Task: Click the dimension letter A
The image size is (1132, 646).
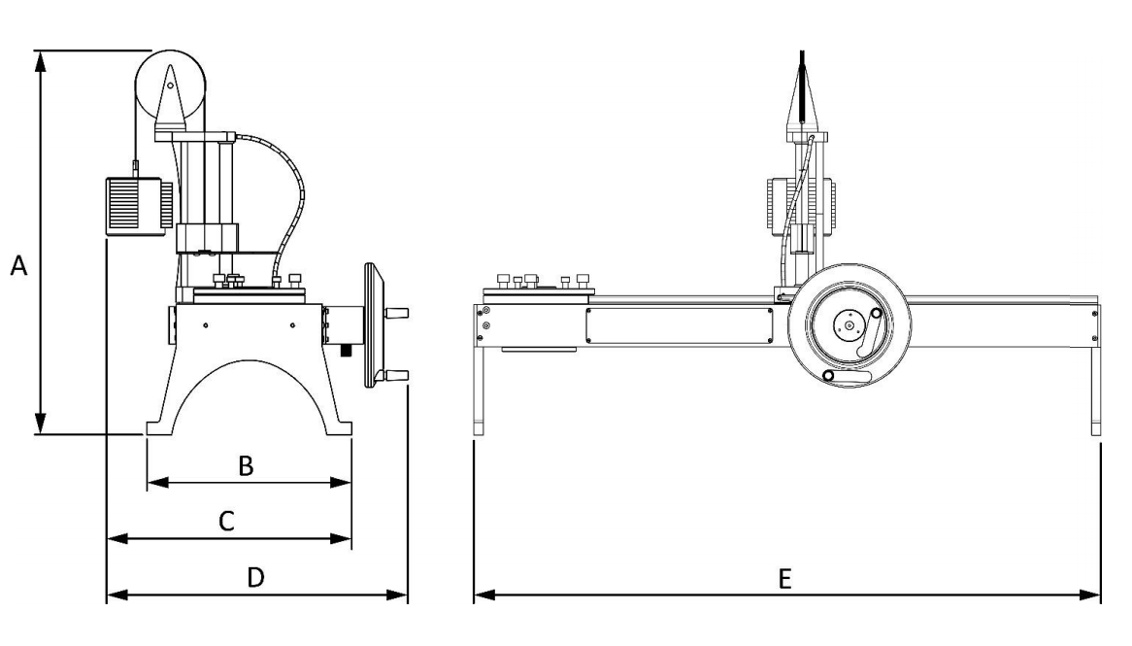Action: pyautogui.click(x=17, y=264)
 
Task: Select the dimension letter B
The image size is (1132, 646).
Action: pyautogui.click(x=247, y=467)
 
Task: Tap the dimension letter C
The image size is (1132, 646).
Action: pyautogui.click(x=224, y=523)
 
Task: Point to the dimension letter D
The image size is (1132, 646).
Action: pyautogui.click(x=255, y=578)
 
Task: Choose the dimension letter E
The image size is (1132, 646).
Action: pyautogui.click(x=785, y=578)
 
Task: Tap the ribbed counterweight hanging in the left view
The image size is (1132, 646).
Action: pyautogui.click(x=133, y=204)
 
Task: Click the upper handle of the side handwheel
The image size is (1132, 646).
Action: pyautogui.click(x=397, y=313)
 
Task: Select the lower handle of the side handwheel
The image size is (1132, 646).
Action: pyautogui.click(x=397, y=376)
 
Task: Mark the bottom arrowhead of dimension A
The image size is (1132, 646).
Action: pyautogui.click(x=40, y=423)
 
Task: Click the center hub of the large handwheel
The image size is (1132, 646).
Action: pyautogui.click(x=849, y=328)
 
